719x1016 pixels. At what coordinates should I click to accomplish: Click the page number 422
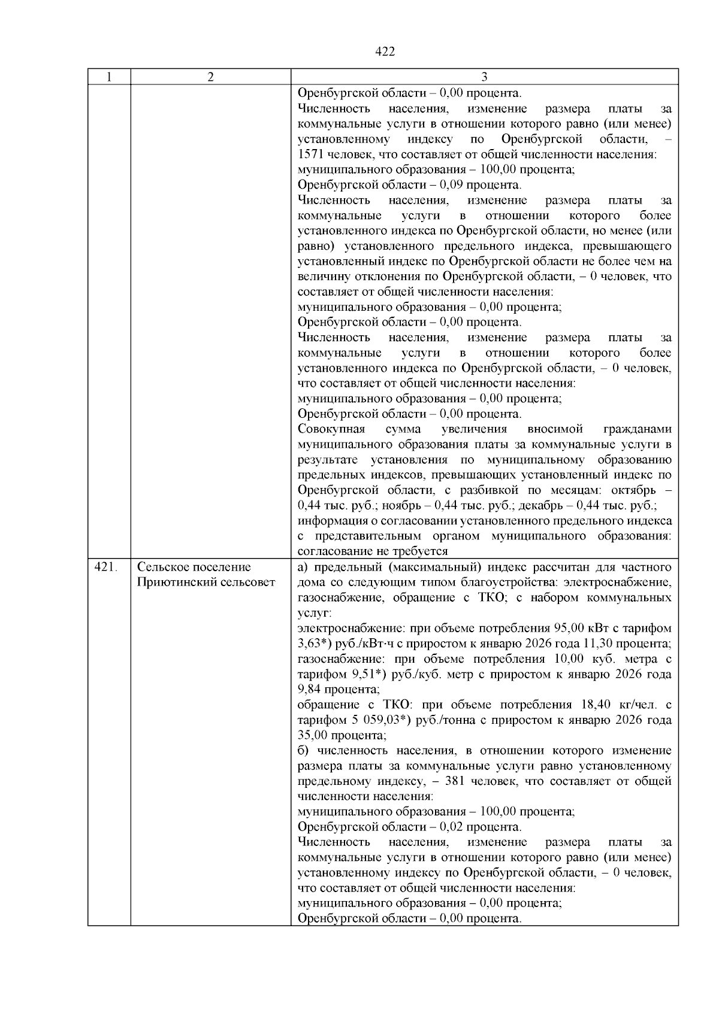click(385, 52)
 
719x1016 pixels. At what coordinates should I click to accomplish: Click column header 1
click(109, 77)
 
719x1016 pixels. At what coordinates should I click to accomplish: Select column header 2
click(210, 77)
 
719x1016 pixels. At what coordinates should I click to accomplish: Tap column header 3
click(484, 77)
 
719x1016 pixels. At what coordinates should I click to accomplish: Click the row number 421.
click(105, 566)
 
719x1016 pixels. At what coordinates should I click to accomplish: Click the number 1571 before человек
click(310, 154)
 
